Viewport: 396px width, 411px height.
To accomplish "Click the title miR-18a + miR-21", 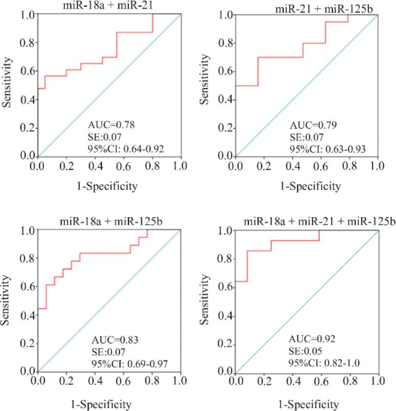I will (108, 6).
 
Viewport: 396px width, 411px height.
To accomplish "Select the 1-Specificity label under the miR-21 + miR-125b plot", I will (306, 187).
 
